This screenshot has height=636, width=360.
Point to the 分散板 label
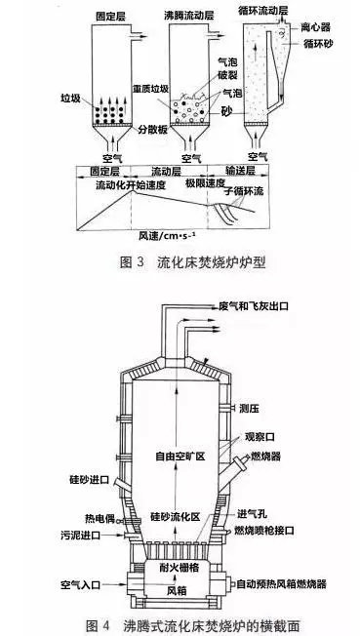click(126, 129)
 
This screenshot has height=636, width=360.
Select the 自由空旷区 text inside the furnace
click(177, 455)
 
